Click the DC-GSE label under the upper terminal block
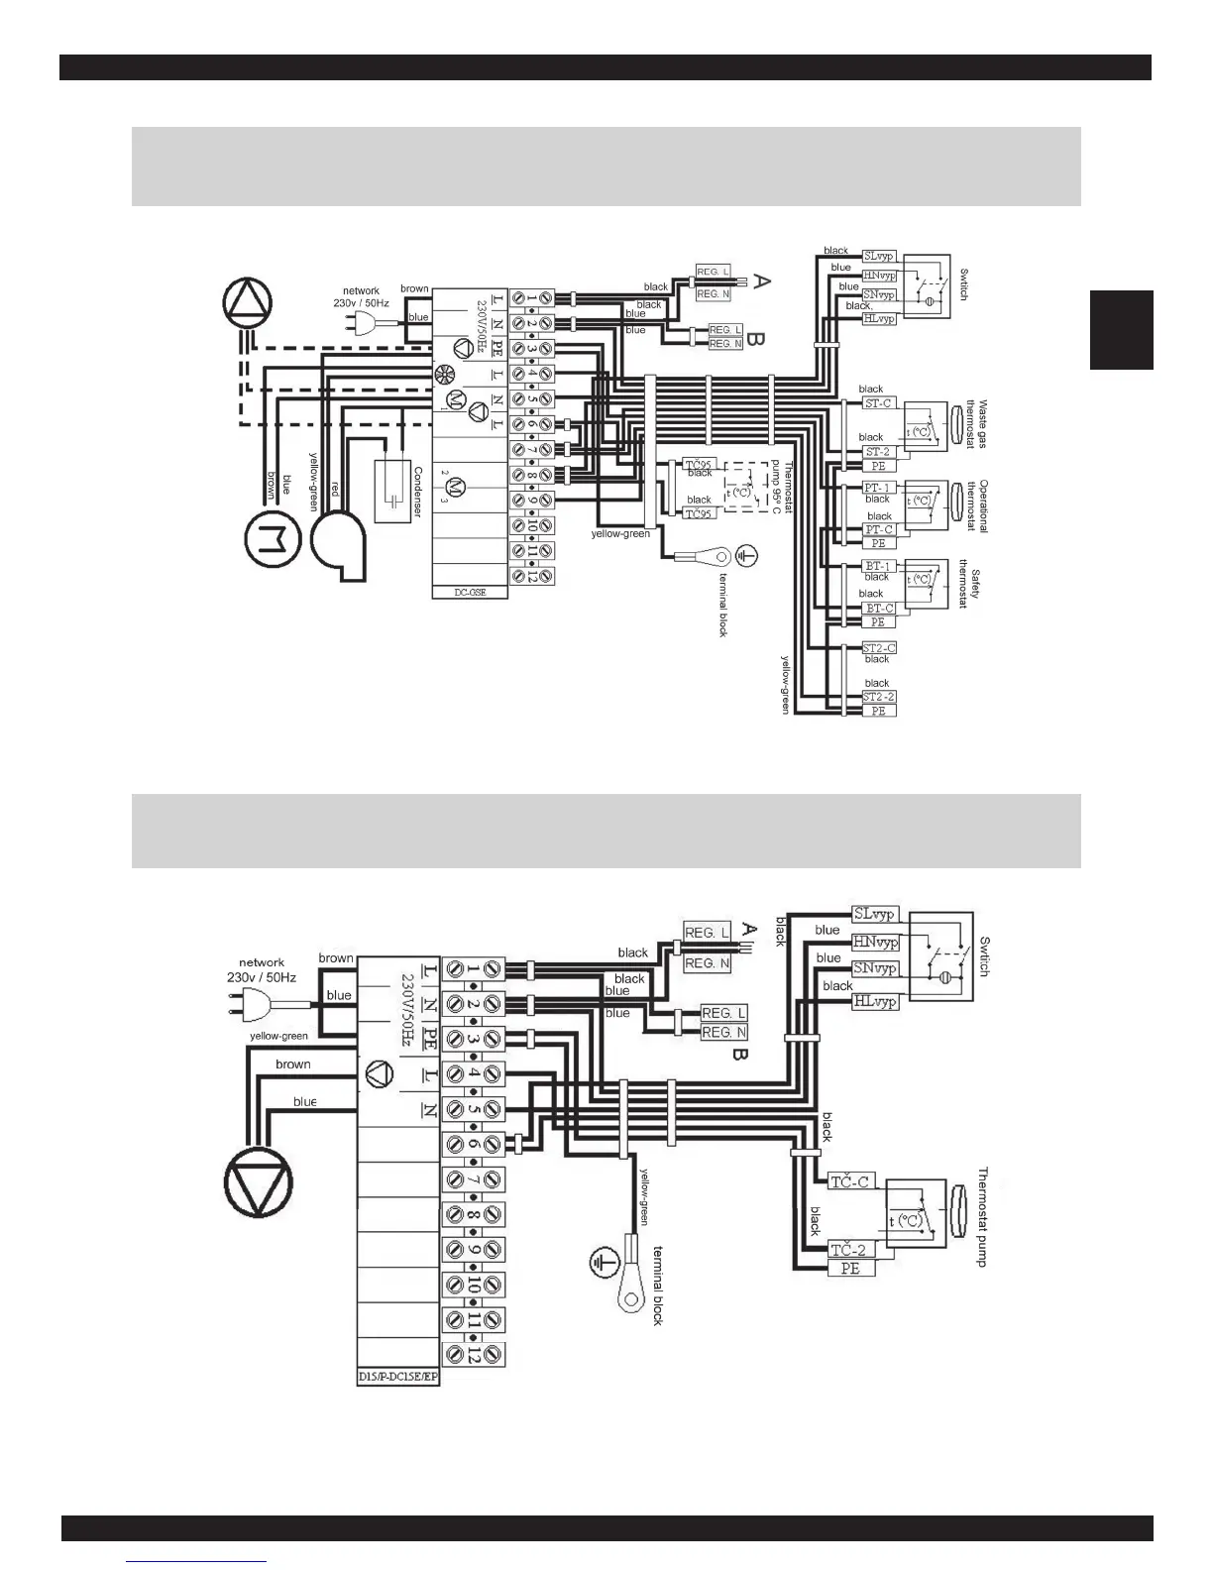(x=471, y=592)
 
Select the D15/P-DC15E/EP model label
(x=397, y=1378)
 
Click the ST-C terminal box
(x=878, y=403)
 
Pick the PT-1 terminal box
(x=878, y=488)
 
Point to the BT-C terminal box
(x=879, y=608)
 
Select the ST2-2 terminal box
(x=878, y=697)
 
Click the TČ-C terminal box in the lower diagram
(x=849, y=1181)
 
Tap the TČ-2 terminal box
(x=849, y=1251)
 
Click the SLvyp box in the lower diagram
(x=874, y=914)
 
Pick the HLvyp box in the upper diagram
(x=879, y=318)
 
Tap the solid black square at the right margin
(x=1122, y=329)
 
